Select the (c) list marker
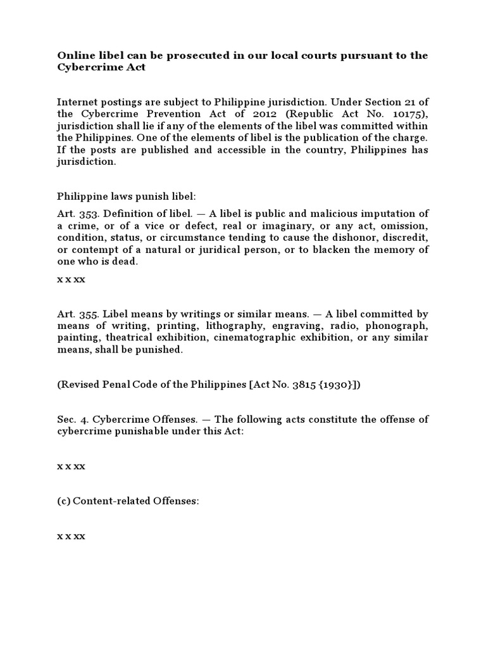click(x=63, y=501)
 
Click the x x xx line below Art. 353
click(x=71, y=278)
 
